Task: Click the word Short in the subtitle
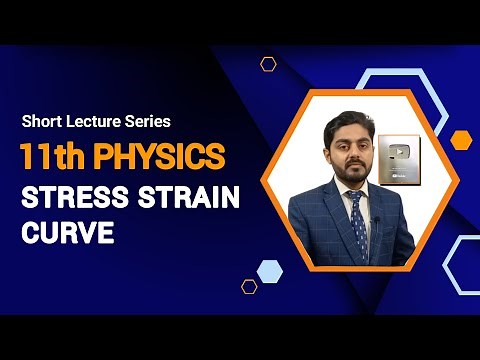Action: pos(41,122)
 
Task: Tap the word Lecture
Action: pos(94,122)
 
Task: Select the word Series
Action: pos(148,122)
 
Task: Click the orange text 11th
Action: pos(53,157)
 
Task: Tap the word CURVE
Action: pos(65,233)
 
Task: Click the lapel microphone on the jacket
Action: pos(374,219)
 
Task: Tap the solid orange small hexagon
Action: pos(460,139)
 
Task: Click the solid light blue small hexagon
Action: pos(269,270)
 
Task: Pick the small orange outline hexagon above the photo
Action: pos(268,64)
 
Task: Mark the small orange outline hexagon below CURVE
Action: pos(249,286)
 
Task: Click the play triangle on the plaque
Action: pos(399,152)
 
